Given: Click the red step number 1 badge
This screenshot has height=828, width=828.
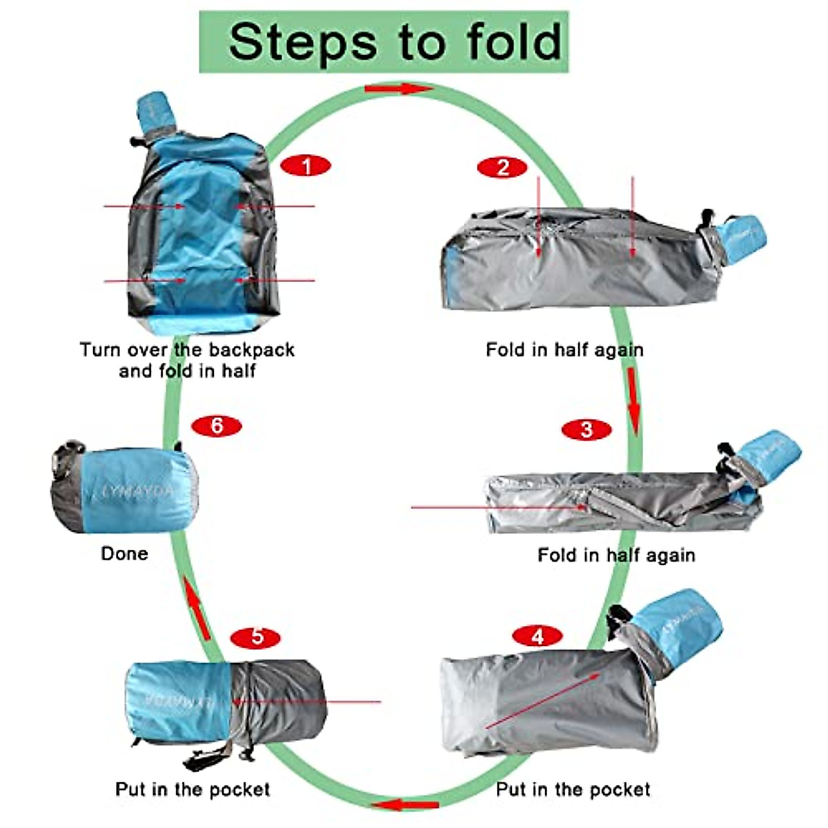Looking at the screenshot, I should point(306,166).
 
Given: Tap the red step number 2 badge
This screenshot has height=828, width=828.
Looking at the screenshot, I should point(502,167).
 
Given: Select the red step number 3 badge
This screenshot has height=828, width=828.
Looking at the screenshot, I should point(586,430).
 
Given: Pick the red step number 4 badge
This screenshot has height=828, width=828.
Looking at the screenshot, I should point(538,635).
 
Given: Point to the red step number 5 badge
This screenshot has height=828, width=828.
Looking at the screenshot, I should point(257,635).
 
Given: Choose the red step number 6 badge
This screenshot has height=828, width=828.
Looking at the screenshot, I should point(217,426).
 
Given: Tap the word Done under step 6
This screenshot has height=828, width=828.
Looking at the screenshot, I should point(124,553).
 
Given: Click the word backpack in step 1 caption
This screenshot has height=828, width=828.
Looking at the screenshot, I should point(252,350).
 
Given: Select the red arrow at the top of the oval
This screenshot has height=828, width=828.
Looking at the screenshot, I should point(398,89).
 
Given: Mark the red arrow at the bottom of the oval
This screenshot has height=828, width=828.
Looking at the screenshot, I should point(404,805).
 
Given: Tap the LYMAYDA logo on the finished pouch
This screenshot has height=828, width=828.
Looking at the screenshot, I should point(138,491).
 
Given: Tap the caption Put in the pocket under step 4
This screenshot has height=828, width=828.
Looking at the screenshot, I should point(573,789).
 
